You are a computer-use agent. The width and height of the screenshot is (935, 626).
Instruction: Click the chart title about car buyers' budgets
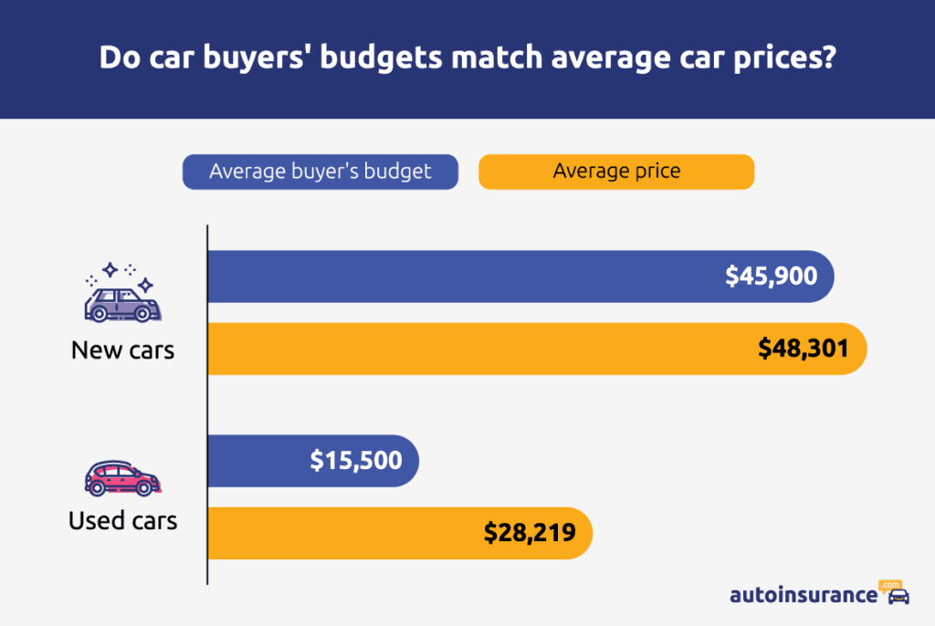[x=467, y=58]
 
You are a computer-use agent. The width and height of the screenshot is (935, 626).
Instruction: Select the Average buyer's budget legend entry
[x=320, y=172]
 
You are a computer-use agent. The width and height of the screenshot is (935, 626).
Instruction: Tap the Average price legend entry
[x=616, y=172]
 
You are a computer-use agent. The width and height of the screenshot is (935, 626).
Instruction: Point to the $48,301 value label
[x=804, y=349]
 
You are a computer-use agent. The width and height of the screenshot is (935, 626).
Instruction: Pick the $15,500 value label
[x=355, y=461]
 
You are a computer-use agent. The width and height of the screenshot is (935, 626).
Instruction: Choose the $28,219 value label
[x=530, y=533]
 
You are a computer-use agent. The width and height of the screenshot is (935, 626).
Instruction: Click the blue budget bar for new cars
[x=457, y=276]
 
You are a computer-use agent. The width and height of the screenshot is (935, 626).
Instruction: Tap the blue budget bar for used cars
[x=256, y=461]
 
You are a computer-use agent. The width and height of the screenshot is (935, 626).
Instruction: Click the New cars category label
[x=122, y=350]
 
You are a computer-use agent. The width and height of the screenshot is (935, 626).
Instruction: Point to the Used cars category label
[x=122, y=521]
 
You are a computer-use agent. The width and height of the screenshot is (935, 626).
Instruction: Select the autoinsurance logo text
[x=803, y=595]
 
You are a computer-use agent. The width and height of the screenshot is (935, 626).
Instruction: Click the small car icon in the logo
[x=898, y=597]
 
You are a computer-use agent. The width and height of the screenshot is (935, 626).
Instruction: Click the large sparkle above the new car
[x=110, y=270]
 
